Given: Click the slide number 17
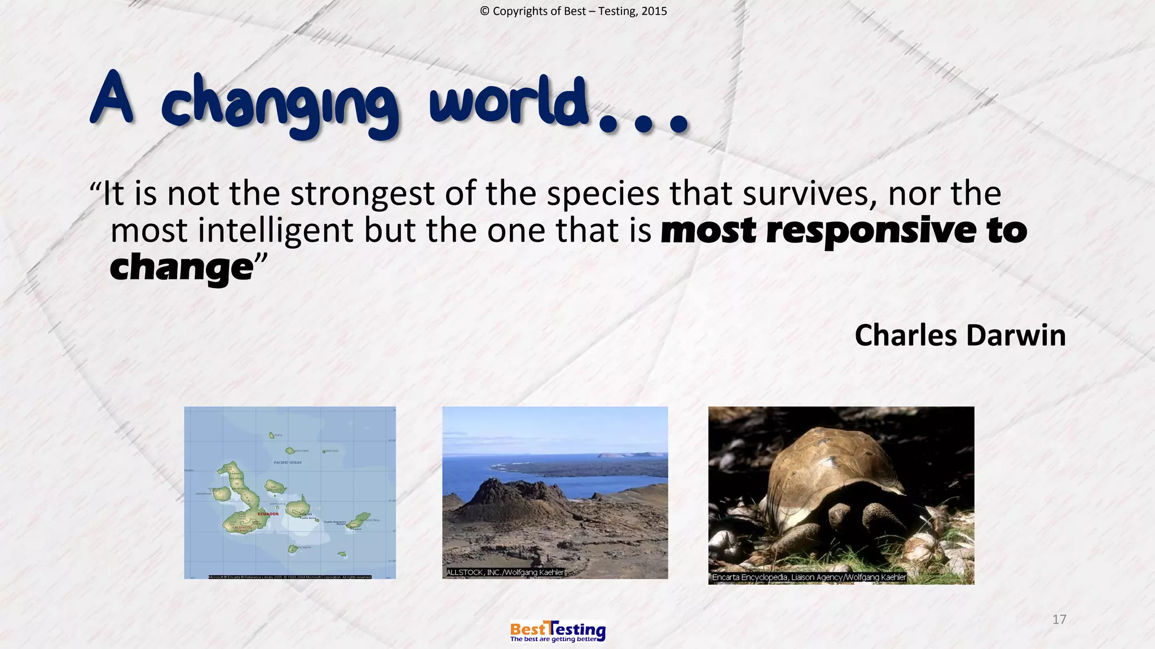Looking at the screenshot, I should pyautogui.click(x=1059, y=620).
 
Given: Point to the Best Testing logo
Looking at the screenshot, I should pyautogui.click(x=557, y=631).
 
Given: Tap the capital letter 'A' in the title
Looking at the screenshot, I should pyautogui.click(x=112, y=99).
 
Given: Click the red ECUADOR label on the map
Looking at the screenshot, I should pyautogui.click(x=268, y=514).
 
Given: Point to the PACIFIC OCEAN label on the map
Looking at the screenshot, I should pyautogui.click(x=288, y=463).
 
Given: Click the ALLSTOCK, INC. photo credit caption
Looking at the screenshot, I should pyautogui.click(x=505, y=572).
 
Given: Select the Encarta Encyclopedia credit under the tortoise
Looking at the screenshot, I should pyautogui.click(x=808, y=577).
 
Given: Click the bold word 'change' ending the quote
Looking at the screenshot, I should pyautogui.click(x=181, y=268).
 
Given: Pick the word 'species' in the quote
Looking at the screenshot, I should pyautogui.click(x=602, y=194).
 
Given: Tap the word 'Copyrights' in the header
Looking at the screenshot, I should pyautogui.click(x=539, y=11).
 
